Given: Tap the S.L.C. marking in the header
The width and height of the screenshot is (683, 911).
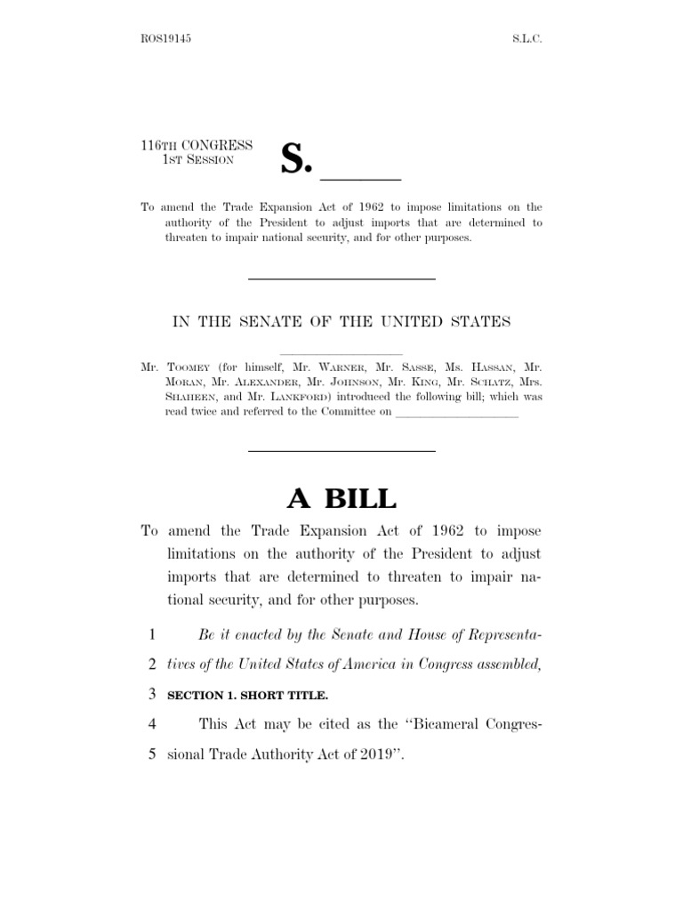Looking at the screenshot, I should [524, 40].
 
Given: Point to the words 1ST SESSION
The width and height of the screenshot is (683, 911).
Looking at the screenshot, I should [197, 159].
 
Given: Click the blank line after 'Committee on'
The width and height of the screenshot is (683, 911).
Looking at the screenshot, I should [455, 415].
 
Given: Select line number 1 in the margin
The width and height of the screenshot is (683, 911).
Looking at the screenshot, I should [152, 635].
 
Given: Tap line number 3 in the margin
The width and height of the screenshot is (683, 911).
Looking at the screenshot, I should [152, 693].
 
